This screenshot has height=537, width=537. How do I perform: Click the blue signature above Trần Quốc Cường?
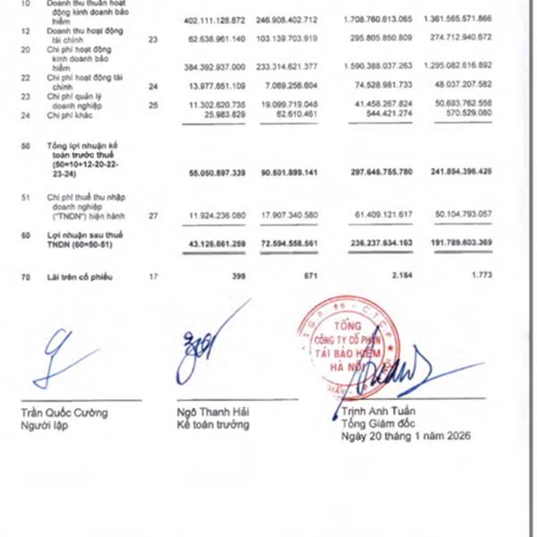[63, 357]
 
